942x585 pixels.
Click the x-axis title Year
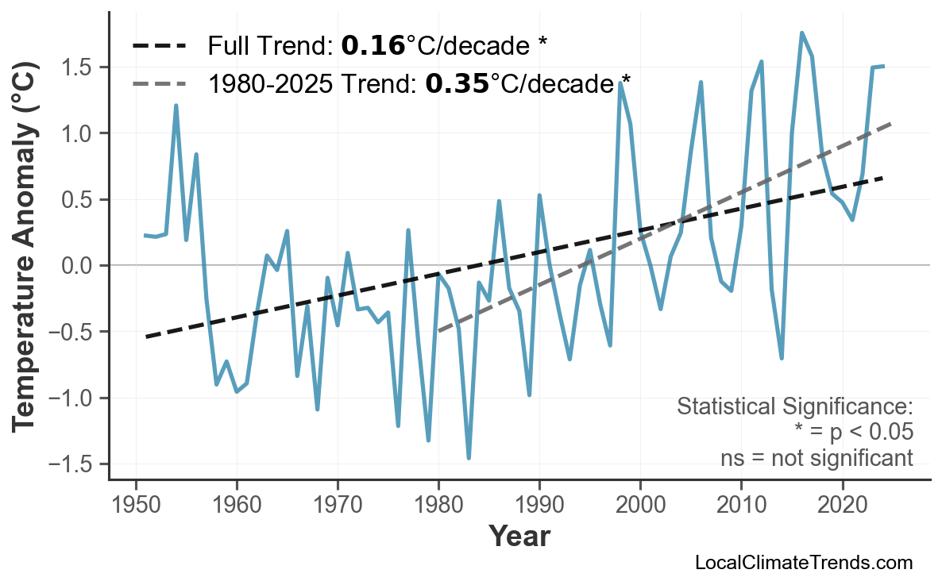tap(519, 537)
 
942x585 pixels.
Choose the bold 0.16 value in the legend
tap(373, 46)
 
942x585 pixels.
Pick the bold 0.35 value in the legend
tap(457, 83)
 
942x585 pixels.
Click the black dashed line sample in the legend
tap(159, 46)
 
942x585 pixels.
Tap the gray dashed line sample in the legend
tap(159, 83)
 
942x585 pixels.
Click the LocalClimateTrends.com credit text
tap(803, 563)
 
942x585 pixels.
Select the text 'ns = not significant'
tap(817, 458)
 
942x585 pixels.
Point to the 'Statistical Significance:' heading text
tap(794, 407)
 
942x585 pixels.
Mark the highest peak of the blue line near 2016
tap(801, 33)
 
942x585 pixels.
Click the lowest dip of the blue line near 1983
tap(469, 458)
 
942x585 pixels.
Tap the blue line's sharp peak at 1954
tap(176, 106)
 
